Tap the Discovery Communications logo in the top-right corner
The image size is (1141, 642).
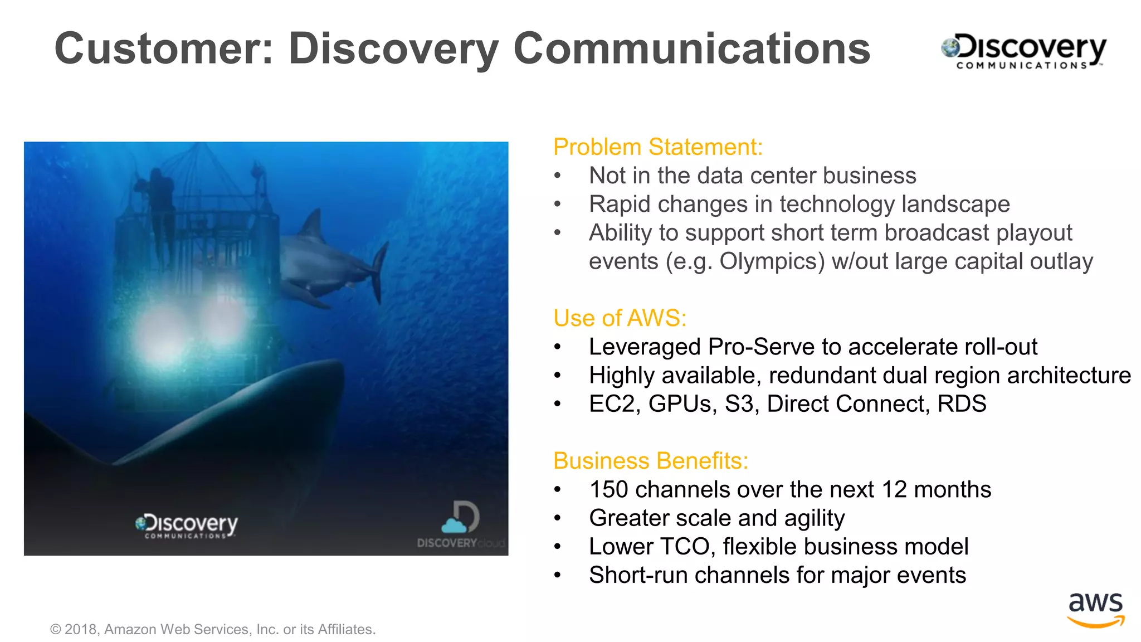tap(1024, 51)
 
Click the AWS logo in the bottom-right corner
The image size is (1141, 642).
tap(1095, 610)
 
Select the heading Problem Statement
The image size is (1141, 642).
tap(657, 147)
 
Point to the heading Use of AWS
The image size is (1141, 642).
tap(620, 318)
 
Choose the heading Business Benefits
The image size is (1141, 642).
tap(650, 461)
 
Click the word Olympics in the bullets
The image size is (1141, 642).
tap(772, 261)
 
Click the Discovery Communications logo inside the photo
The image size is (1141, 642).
tap(187, 526)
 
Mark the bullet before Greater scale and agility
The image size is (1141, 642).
tap(557, 519)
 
